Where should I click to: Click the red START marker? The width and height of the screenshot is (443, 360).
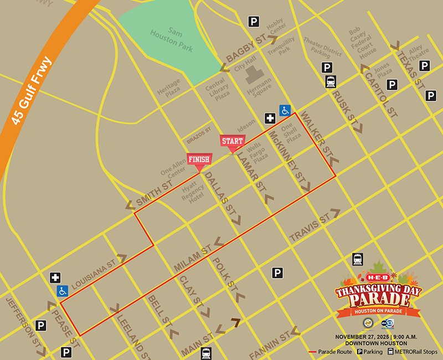coord(233,142)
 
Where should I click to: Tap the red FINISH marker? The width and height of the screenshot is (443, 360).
coord(199,160)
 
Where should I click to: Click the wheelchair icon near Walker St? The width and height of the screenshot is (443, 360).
coord(285,110)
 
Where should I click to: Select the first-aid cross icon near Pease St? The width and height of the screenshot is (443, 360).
coord(55,278)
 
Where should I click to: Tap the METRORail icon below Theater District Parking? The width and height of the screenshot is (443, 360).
coord(331,82)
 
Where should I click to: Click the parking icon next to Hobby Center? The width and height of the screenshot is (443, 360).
coord(254,22)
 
